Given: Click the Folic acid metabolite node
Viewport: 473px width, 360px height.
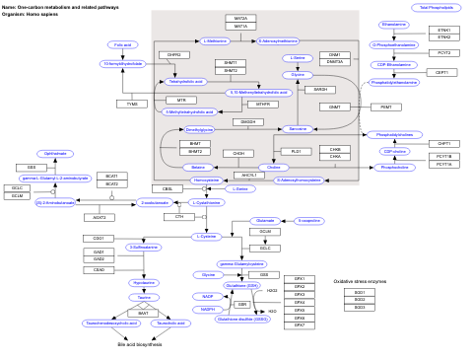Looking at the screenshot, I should [x=123, y=44].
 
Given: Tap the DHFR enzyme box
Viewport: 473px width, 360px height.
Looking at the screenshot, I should [x=173, y=55].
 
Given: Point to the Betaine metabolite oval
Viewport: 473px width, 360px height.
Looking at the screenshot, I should [x=199, y=168].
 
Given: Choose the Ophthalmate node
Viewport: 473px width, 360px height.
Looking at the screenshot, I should [x=56, y=154].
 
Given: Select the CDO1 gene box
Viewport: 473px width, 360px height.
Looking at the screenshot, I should [x=99, y=239].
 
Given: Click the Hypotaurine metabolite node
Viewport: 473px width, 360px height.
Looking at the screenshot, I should [x=143, y=283].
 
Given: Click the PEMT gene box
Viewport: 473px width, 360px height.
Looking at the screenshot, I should [x=385, y=107].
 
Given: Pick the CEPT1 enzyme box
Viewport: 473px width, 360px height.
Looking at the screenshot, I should [x=440, y=72].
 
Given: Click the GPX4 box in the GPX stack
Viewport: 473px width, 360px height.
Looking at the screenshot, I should [x=300, y=302].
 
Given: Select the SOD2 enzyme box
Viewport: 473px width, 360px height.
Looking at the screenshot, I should [x=359, y=300].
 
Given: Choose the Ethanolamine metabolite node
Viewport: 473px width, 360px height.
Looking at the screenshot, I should [x=393, y=24].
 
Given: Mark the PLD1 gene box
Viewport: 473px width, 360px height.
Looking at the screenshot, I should [x=296, y=151].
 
